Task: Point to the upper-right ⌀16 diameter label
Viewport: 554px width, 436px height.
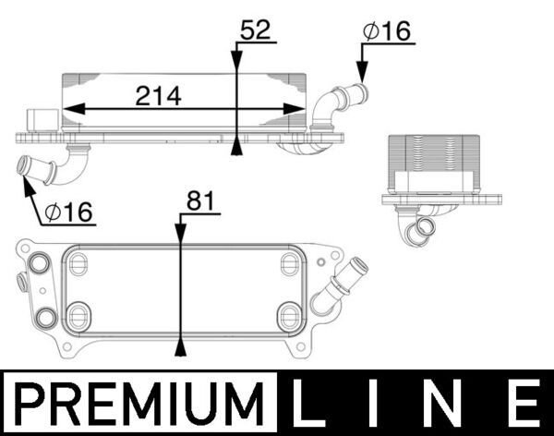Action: (x=387, y=30)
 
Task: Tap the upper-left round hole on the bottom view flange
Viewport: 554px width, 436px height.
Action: (x=39, y=264)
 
